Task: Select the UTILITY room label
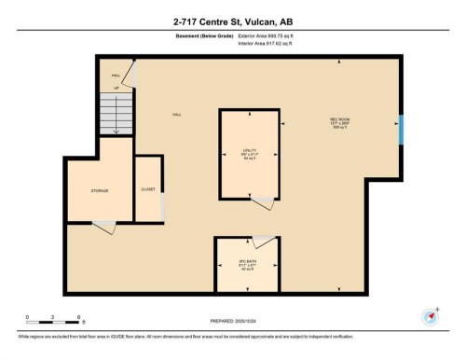pyautogui.click(x=248, y=151)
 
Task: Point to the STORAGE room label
pyautogui.click(x=100, y=190)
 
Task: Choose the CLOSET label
pyautogui.click(x=148, y=187)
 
